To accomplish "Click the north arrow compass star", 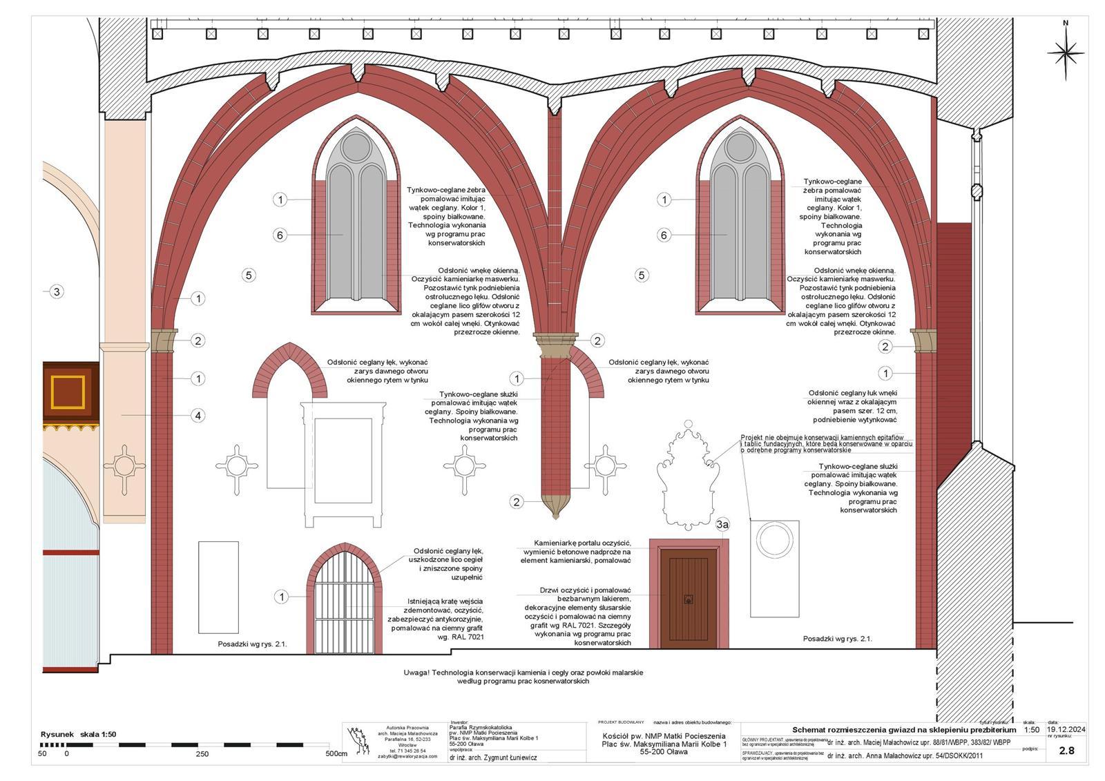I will pyautogui.click(x=1066, y=52).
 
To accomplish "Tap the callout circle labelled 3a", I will pyautogui.click(x=722, y=526).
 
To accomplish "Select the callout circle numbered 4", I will pyautogui.click(x=198, y=416).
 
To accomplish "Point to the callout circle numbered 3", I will pyautogui.click(x=57, y=291).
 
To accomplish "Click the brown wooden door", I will pyautogui.click(x=688, y=598).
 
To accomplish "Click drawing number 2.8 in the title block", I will pyautogui.click(x=1066, y=751).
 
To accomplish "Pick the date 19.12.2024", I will pyautogui.click(x=1066, y=729).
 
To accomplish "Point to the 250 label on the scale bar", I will pyautogui.click(x=202, y=754).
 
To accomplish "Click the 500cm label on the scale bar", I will pyautogui.click(x=336, y=754).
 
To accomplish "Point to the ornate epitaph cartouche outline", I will pyautogui.click(x=689, y=476).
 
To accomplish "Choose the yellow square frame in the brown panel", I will pyautogui.click(x=68, y=392).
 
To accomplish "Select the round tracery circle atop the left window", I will pyautogui.click(x=356, y=147).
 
